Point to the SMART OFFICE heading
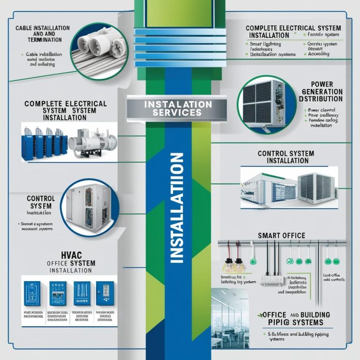[281, 235]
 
